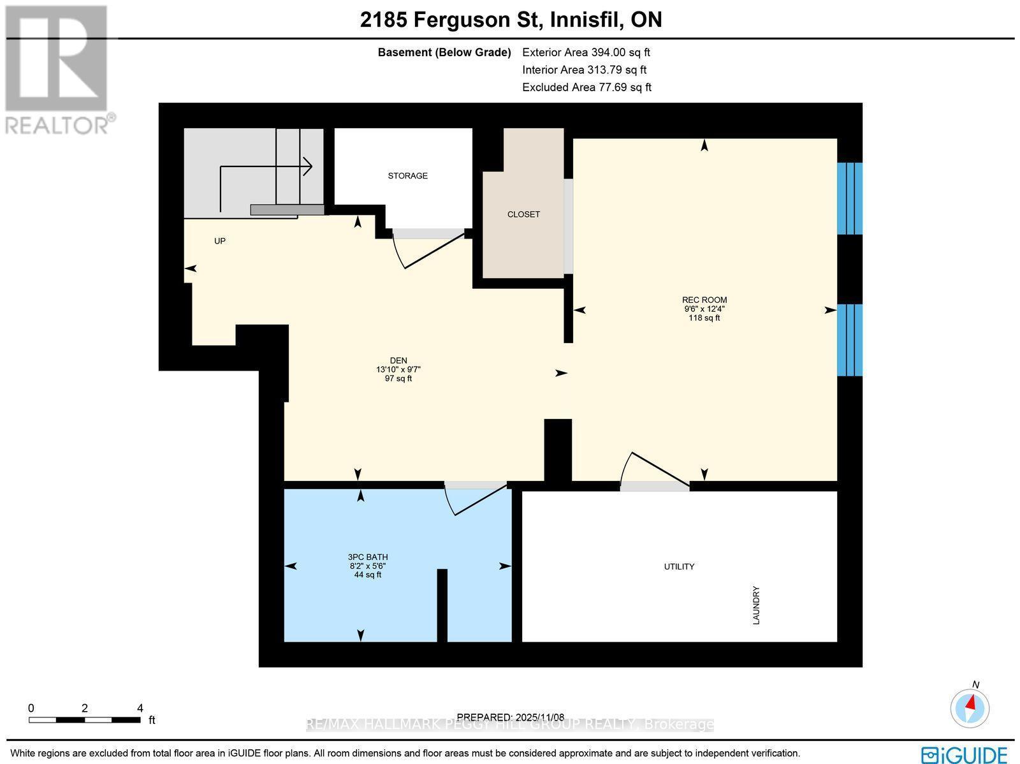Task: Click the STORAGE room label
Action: (407, 175)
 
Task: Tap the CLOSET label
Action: (523, 214)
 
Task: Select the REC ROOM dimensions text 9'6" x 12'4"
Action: (704, 309)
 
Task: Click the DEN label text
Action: (398, 360)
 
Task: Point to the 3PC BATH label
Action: (368, 557)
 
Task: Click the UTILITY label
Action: (679, 566)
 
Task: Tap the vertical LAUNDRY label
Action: (756, 606)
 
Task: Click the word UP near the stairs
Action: (220, 241)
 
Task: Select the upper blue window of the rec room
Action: (849, 198)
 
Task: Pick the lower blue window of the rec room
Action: (849, 340)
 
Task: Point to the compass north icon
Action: (970, 707)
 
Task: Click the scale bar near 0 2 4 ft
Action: (84, 720)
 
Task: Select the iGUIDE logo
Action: (964, 754)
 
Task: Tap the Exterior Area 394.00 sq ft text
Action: (586, 53)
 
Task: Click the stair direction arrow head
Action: (307, 166)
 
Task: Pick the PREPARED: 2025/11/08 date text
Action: (511, 717)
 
